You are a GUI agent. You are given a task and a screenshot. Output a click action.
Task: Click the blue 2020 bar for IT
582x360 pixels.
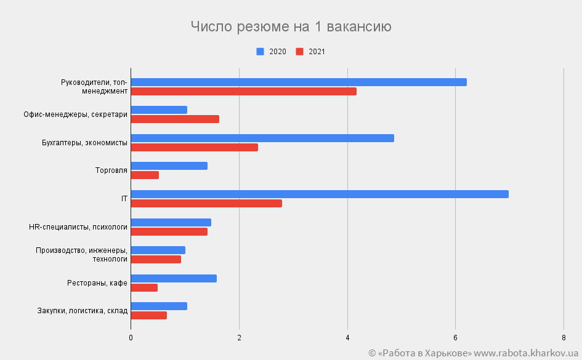coord(320,194)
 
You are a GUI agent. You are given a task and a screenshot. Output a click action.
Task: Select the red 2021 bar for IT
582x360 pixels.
coord(206,203)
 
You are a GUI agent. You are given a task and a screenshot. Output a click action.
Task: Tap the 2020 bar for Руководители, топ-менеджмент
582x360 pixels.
coord(299,82)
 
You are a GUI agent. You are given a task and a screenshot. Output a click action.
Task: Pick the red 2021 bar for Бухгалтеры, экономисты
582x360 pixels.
coord(195,147)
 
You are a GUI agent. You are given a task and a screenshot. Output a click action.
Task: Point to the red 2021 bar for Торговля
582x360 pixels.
coord(145,175)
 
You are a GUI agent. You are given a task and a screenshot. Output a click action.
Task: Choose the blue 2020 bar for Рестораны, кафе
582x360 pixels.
coord(174,278)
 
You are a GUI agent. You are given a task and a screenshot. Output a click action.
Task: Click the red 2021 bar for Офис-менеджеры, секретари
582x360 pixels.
coord(175,119)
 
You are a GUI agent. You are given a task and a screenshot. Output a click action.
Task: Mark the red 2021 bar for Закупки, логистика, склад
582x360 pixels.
coord(149,316)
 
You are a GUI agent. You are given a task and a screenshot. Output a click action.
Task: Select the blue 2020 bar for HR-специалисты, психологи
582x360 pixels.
coord(171,222)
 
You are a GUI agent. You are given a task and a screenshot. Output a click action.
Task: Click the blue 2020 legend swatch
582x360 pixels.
coord(260,52)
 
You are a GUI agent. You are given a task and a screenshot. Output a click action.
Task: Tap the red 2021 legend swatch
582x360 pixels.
coord(299,52)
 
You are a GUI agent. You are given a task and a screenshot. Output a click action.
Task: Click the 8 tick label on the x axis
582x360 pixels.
coord(564,337)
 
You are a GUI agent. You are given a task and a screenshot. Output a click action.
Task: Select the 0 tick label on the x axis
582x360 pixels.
coord(131,337)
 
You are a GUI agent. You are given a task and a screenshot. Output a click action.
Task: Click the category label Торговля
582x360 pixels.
coord(111,170)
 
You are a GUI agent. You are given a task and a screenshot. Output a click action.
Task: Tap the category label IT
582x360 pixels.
coord(124,199)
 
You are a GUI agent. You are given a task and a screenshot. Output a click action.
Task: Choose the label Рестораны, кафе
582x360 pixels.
coord(97,283)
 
